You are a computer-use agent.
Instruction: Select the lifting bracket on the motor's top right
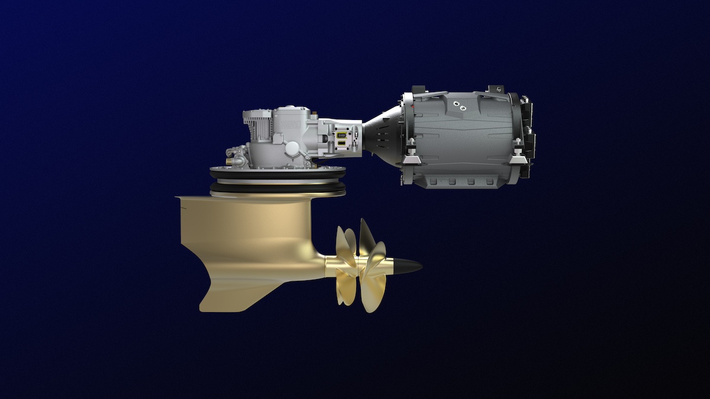495,90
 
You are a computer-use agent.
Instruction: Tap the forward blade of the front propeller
345,242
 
